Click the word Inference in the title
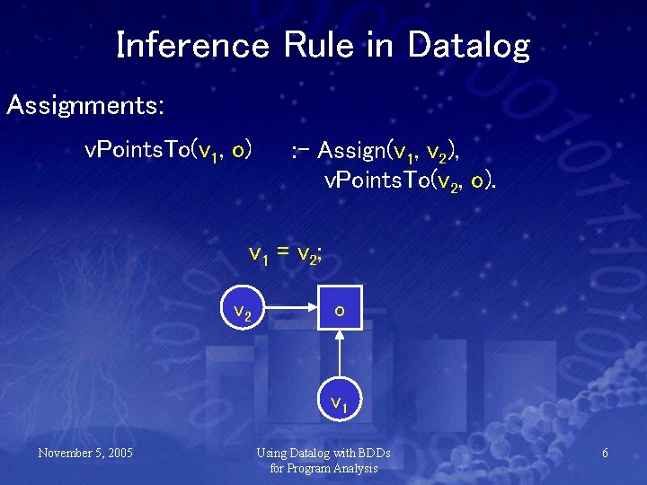coord(191,45)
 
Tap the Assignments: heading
coord(85,106)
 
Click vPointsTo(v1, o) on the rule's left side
coord(167,149)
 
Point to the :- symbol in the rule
coord(301,149)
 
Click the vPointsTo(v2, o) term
coord(409,181)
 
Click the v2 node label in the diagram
coord(242,312)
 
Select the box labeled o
coord(339,309)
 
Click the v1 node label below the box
coord(339,404)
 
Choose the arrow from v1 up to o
coord(339,359)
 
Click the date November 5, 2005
coord(85,453)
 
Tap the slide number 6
coord(605,453)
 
